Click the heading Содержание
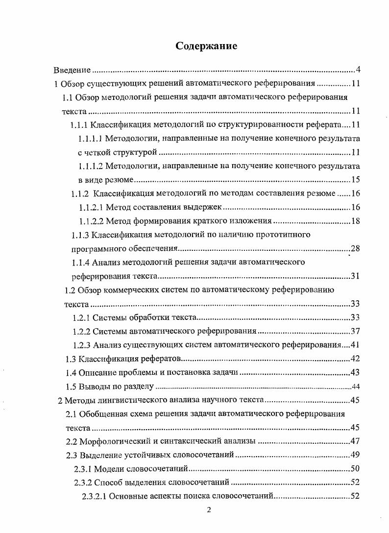click(206, 46)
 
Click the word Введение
click(72, 70)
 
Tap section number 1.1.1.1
click(90, 138)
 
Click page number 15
click(356, 179)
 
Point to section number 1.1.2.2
click(92, 221)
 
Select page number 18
click(356, 221)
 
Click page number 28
click(356, 248)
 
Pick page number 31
click(356, 276)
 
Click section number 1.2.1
click(81, 317)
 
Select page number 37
click(356, 331)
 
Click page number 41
click(356, 344)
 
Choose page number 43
click(356, 372)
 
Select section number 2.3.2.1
click(94, 496)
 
